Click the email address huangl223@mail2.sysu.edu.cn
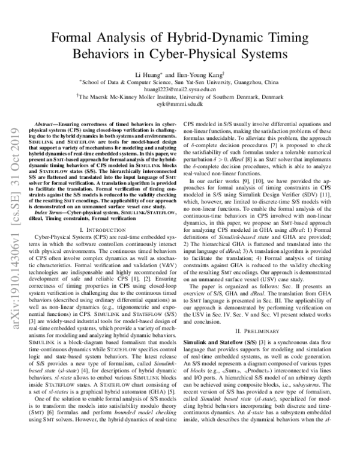pos(180,89)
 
